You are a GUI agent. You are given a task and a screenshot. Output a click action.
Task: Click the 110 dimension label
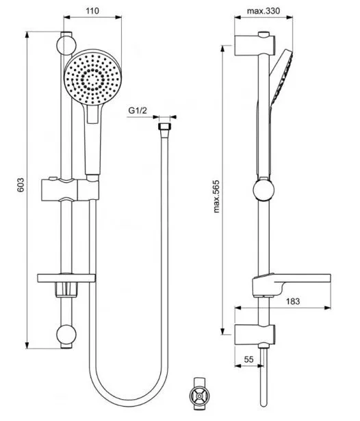tap(92, 11)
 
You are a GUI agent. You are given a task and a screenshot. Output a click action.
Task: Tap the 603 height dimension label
tap(21, 185)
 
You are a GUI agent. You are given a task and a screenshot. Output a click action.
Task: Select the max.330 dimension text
tap(263, 11)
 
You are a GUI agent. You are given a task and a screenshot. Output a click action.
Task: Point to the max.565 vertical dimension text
tap(216, 196)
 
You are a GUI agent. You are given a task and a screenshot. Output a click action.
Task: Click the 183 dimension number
tap(293, 301)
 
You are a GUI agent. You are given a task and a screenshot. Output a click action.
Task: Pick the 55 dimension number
tap(249, 359)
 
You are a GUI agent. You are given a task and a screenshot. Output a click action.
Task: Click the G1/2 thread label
tap(138, 110)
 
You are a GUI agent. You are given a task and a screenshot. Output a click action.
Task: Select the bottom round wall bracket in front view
tap(66, 335)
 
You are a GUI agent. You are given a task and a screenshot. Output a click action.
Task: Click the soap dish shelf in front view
tap(66, 278)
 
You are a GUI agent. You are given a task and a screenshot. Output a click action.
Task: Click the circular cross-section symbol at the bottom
tap(199, 396)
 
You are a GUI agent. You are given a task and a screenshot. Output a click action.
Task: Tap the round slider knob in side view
tap(263, 190)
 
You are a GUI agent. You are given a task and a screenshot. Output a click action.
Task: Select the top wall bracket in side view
tap(255, 45)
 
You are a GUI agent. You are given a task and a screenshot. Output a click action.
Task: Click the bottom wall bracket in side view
tap(255, 335)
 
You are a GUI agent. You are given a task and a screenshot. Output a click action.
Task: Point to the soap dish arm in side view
tap(292, 284)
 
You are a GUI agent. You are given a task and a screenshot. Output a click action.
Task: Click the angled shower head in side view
tap(281, 77)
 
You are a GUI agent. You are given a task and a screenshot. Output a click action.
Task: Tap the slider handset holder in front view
tap(70, 190)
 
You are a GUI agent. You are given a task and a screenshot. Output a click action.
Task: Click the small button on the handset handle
tap(93, 114)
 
